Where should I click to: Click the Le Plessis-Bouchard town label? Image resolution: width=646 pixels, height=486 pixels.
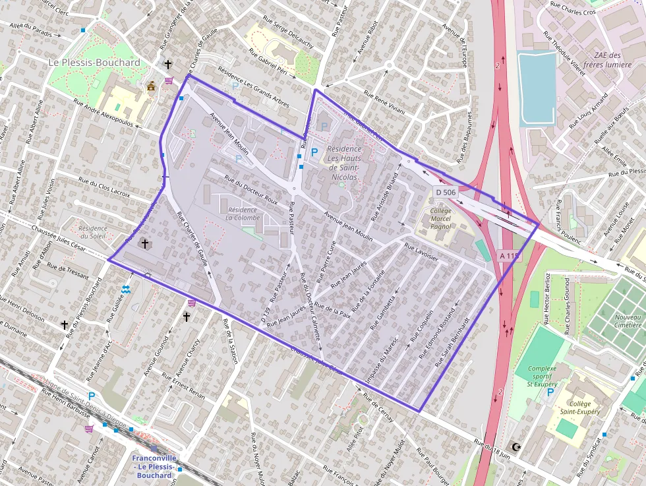(94, 63)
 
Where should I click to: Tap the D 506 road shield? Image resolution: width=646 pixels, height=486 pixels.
(445, 192)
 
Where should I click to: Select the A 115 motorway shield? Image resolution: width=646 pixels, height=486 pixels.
(510, 255)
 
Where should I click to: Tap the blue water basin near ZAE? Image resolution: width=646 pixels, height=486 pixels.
(537, 88)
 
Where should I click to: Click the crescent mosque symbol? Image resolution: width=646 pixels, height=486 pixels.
(516, 447)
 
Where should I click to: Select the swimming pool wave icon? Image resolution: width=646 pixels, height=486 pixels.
(126, 289)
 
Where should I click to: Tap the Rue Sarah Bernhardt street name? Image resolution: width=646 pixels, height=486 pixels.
(452, 342)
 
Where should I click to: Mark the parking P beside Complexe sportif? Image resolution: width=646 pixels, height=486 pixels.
(550, 393)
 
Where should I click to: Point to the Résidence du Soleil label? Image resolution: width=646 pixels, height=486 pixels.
(92, 232)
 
